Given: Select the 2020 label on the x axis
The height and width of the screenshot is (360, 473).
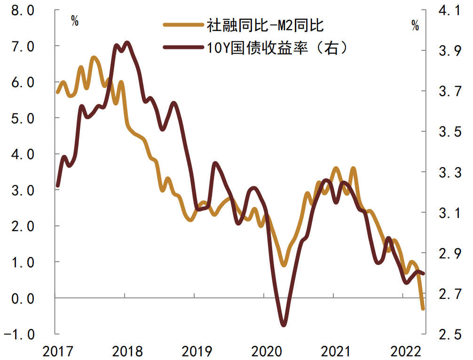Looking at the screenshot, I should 264,351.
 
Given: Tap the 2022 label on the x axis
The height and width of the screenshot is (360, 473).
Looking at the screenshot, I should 403,351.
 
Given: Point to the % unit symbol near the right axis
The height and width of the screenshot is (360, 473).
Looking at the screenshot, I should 415,26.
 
